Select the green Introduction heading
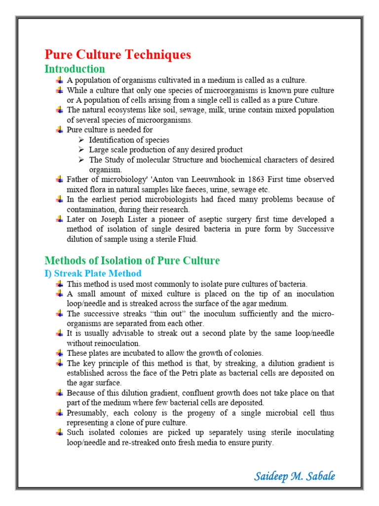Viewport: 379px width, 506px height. tap(75, 69)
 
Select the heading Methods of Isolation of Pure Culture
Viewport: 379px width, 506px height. tap(132, 260)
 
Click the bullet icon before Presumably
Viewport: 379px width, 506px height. tap(59, 413)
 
